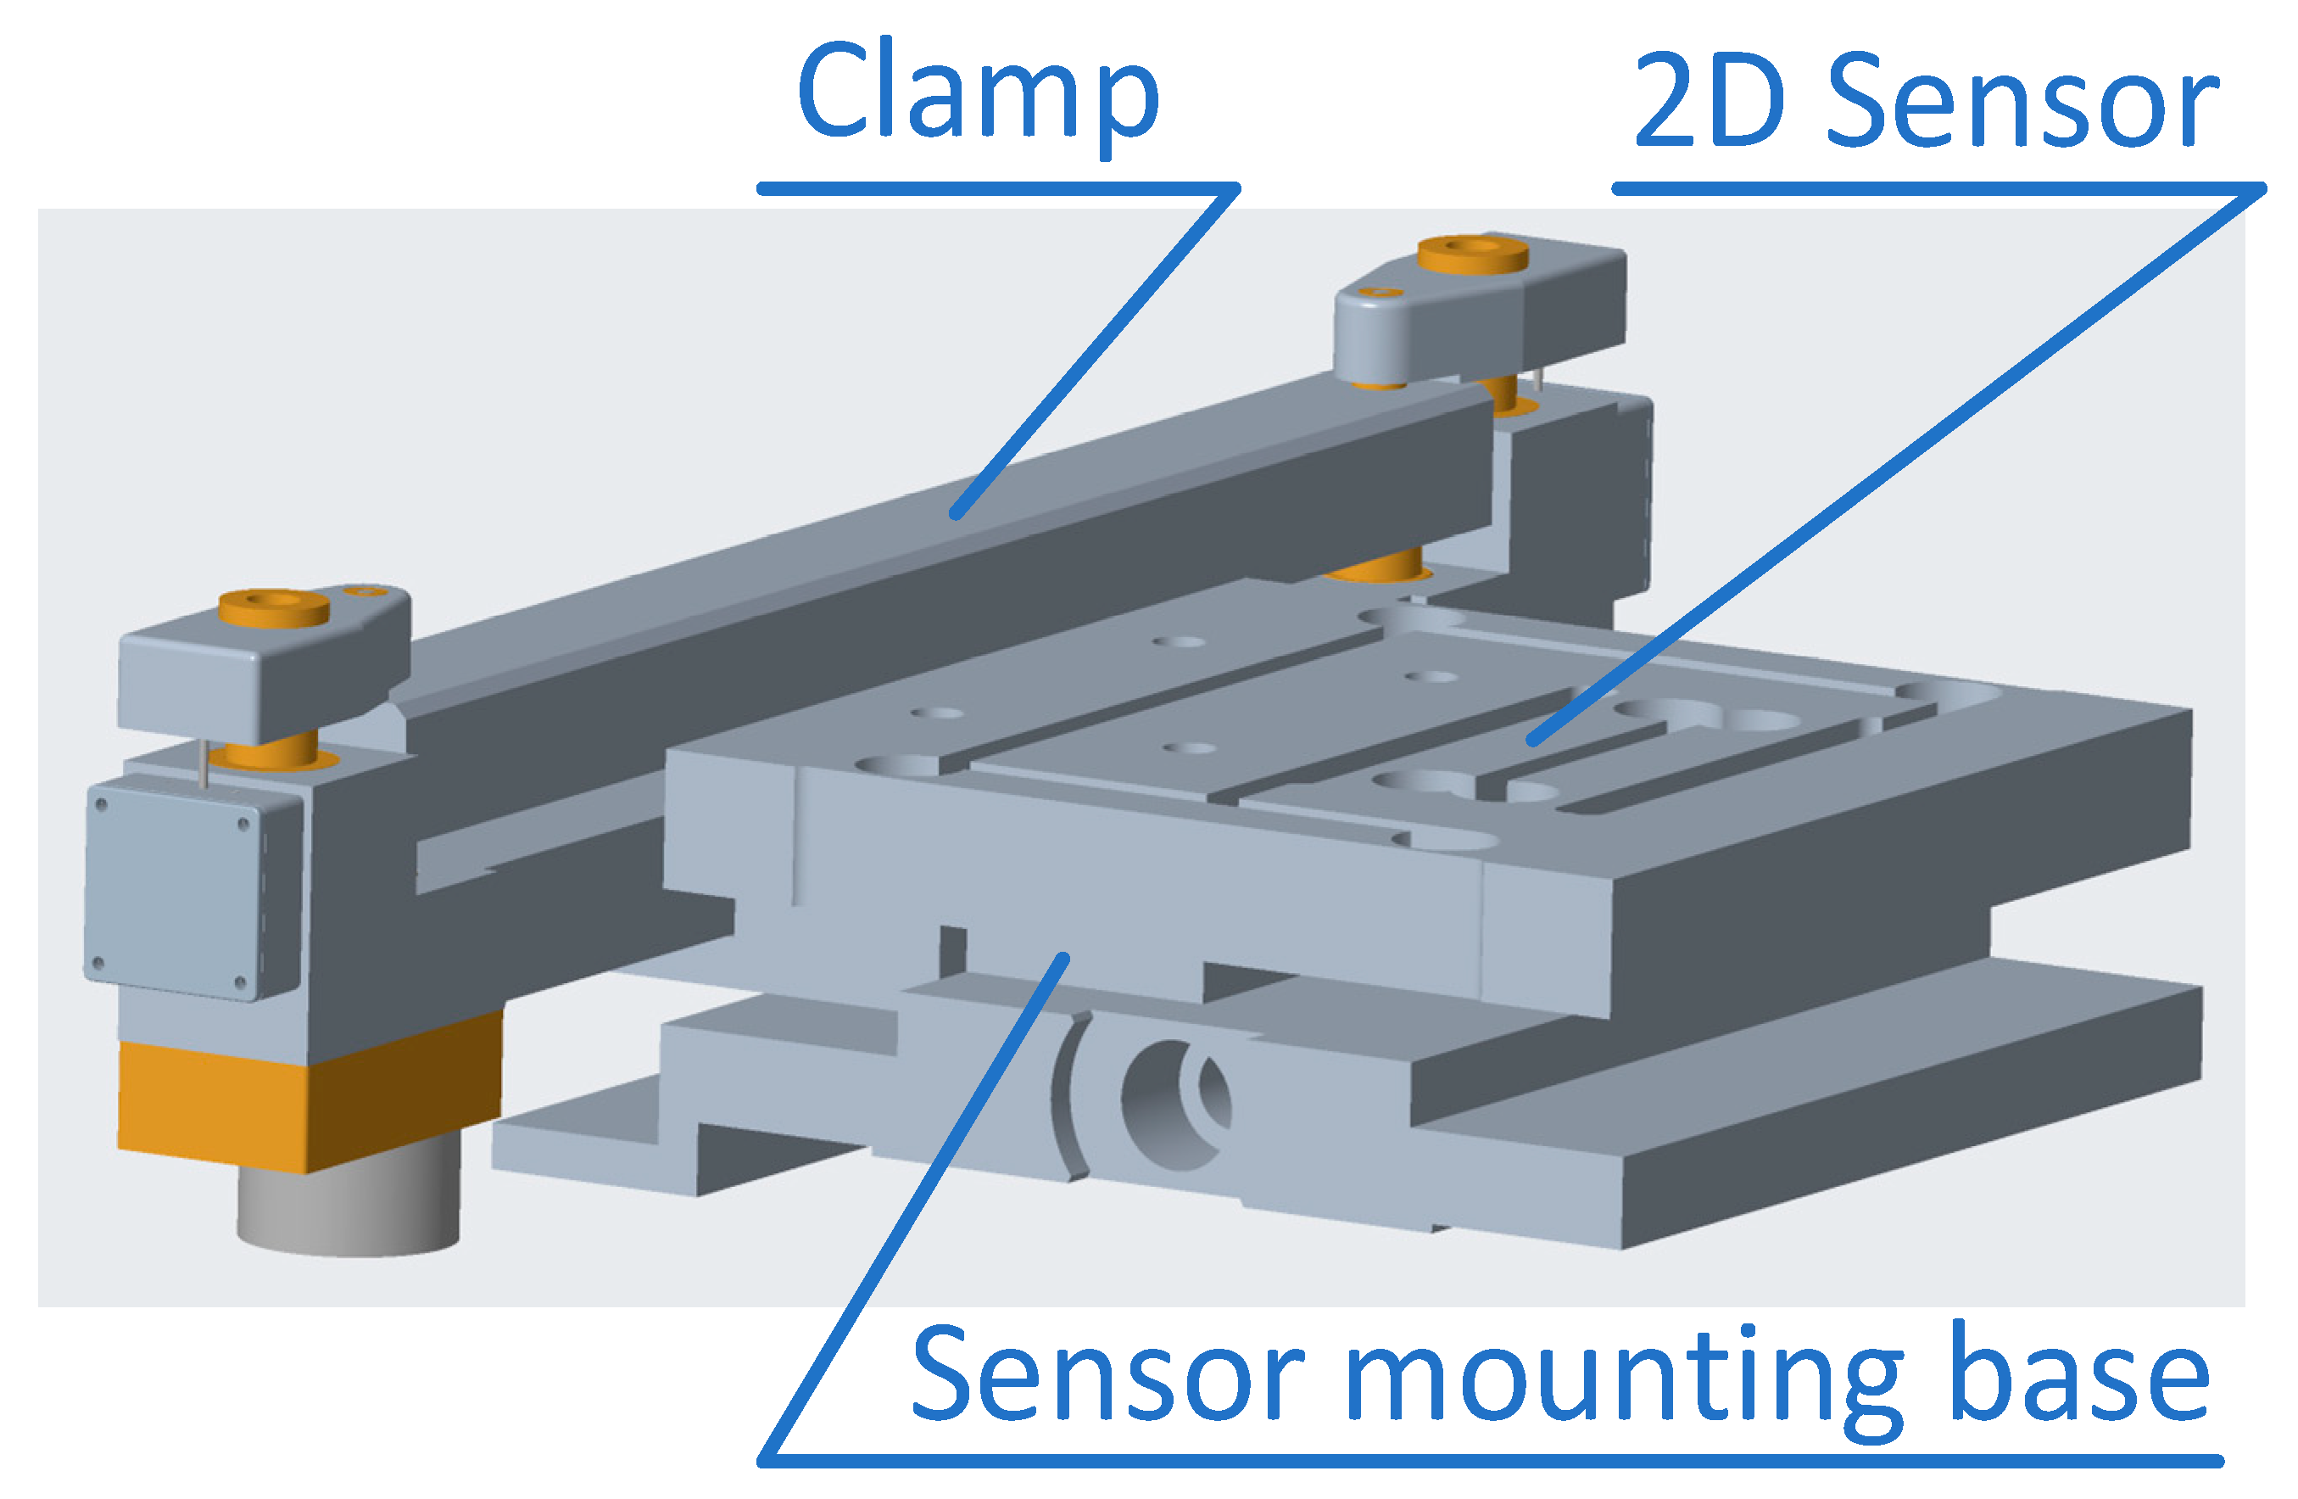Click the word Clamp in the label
977,92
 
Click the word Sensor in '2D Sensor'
2022,103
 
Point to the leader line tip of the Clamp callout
956,514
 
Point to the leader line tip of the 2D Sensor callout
1532,741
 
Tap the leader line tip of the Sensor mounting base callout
1063,958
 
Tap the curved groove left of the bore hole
1070,1097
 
